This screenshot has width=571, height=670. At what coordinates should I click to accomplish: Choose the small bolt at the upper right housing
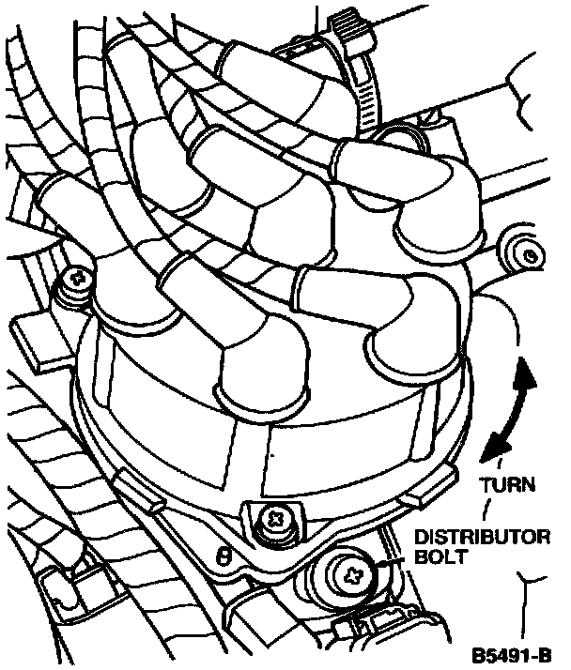(x=530, y=252)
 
